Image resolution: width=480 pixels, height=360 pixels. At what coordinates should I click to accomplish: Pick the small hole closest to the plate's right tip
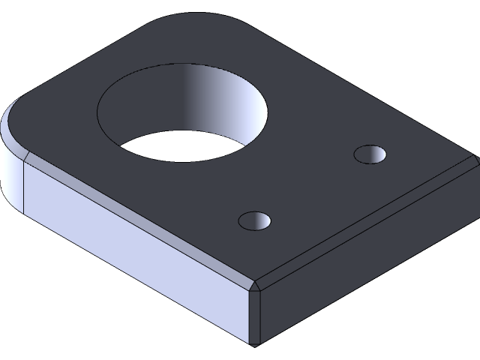coord(370,154)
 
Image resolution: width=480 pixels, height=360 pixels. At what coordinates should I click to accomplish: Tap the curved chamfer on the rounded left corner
coord(12,127)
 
